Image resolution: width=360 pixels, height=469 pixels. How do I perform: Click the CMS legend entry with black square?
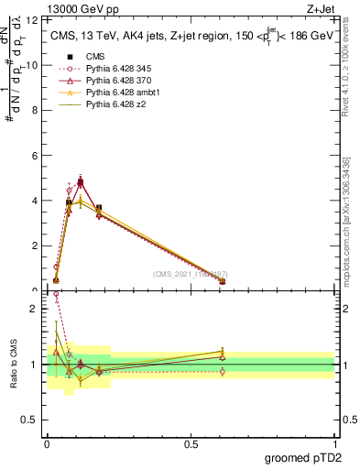click(95, 56)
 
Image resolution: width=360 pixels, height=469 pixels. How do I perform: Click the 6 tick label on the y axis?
click(34, 156)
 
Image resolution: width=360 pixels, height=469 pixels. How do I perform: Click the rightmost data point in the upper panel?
click(223, 281)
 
